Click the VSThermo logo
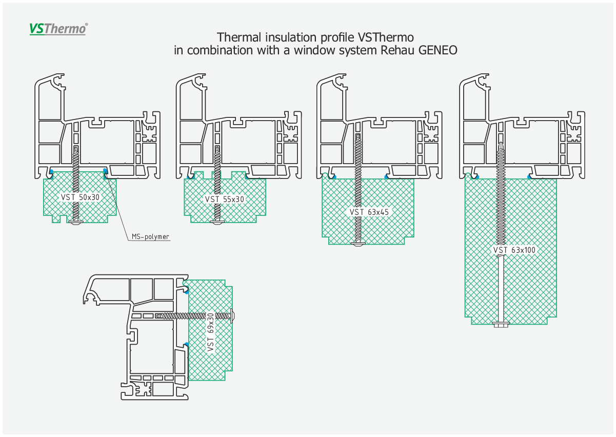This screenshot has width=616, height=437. pyautogui.click(x=58, y=29)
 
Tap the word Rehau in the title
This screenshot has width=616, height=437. pyautogui.click(x=398, y=50)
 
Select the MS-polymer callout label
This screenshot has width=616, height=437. pyautogui.click(x=150, y=236)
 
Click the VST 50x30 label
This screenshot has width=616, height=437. pyautogui.click(x=80, y=197)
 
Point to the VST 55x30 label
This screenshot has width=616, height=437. pyautogui.click(x=225, y=199)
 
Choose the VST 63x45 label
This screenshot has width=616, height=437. pyautogui.click(x=369, y=212)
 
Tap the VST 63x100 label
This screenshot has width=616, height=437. pyautogui.click(x=514, y=250)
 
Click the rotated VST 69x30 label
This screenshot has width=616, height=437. pyautogui.click(x=210, y=332)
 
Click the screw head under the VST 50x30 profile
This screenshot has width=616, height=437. pyautogui.click(x=75, y=222)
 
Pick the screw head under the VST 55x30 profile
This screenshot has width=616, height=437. pyautogui.click(x=217, y=222)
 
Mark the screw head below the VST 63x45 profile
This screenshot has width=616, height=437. pyautogui.click(x=358, y=244)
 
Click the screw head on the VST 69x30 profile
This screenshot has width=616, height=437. pyautogui.click(x=233, y=316)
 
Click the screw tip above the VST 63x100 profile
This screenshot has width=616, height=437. pyautogui.click(x=501, y=144)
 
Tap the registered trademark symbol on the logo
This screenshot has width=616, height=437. pyautogui.click(x=87, y=25)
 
